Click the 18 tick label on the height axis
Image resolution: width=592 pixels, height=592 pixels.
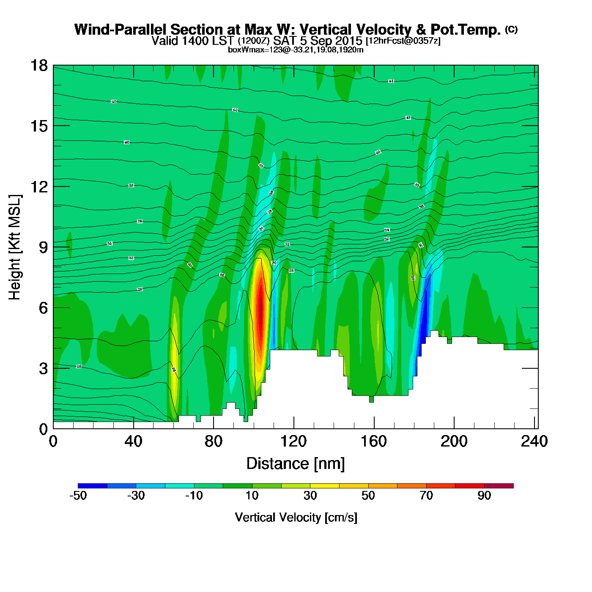(38, 66)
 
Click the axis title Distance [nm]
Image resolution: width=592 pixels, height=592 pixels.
(296, 464)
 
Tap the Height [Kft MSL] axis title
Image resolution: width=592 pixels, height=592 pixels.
(15, 247)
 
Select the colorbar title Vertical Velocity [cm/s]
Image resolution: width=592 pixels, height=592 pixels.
(296, 518)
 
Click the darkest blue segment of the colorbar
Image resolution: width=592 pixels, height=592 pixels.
(93, 486)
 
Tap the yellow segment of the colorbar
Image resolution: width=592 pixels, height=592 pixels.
(324, 486)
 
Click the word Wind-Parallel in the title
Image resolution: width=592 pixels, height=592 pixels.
(121, 30)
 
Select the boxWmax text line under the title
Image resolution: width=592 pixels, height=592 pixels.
(296, 50)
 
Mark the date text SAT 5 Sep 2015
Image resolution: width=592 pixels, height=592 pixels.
(318, 41)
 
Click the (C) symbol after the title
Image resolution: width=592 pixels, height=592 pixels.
(511, 29)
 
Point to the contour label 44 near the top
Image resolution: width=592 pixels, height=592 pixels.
(391, 81)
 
